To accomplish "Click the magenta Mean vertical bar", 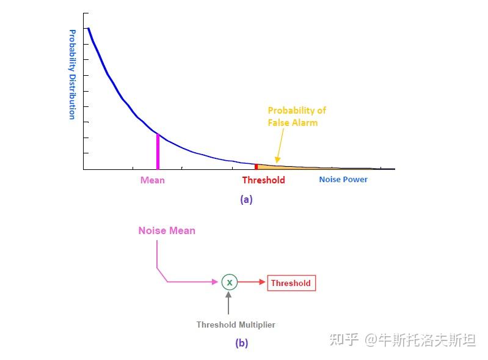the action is click(158, 151).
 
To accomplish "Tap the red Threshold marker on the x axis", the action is click(256, 166).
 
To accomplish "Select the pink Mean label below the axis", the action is click(152, 180).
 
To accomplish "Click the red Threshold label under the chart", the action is click(263, 180).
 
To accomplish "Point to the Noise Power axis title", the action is click(343, 180).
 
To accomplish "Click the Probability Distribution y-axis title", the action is click(72, 74).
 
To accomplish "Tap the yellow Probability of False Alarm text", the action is click(297, 116).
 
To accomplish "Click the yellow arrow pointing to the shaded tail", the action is click(279, 146).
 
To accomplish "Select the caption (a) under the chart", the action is click(246, 199).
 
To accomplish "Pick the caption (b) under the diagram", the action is click(242, 343).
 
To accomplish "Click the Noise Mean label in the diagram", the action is click(167, 230).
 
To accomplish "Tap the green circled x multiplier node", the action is click(229, 282).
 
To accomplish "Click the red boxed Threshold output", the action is click(291, 283).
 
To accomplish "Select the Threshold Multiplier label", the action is click(236, 325).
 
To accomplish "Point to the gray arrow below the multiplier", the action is click(229, 304).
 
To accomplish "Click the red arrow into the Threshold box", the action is click(252, 282).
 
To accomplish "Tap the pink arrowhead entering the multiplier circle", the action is click(216, 282).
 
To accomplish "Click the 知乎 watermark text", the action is click(344, 340).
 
